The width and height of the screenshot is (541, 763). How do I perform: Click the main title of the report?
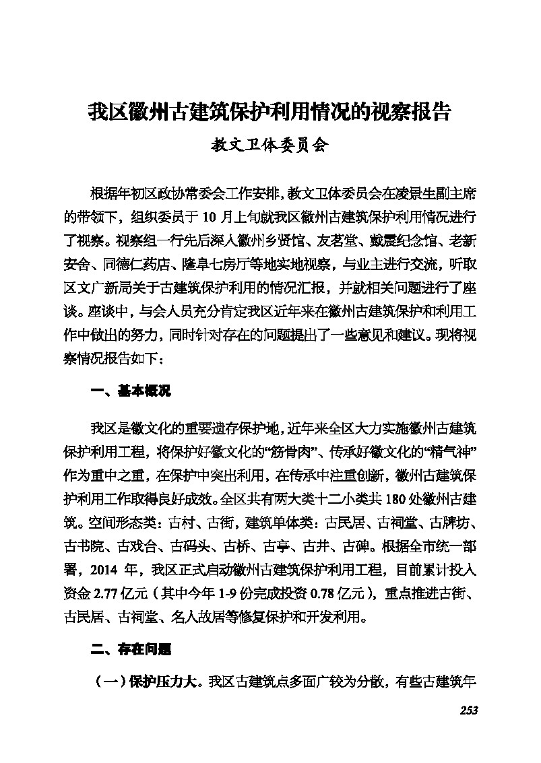[x=269, y=110]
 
